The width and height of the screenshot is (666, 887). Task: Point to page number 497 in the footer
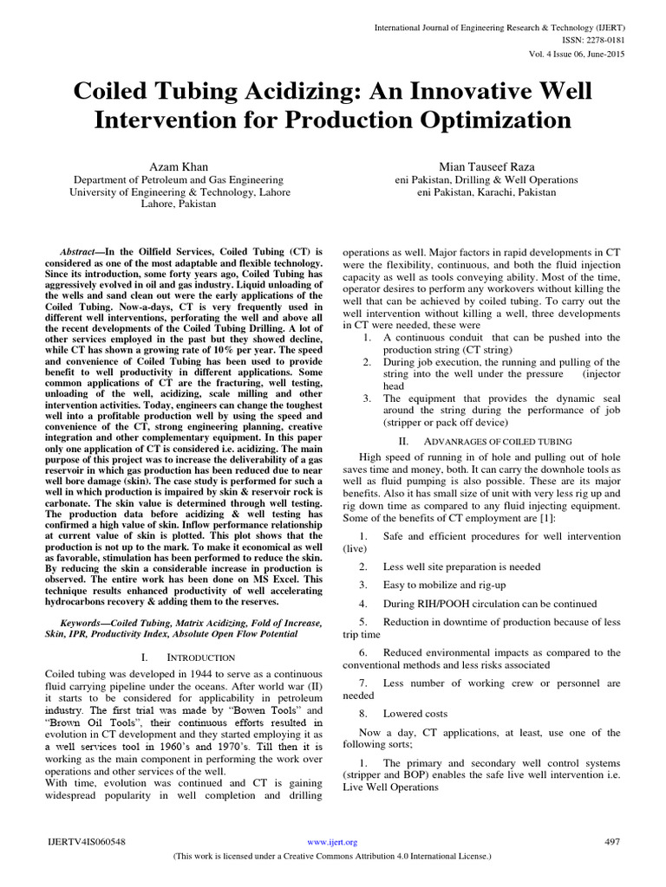click(611, 841)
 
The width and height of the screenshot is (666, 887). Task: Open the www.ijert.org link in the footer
click(333, 841)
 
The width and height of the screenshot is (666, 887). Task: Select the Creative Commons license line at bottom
click(333, 855)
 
